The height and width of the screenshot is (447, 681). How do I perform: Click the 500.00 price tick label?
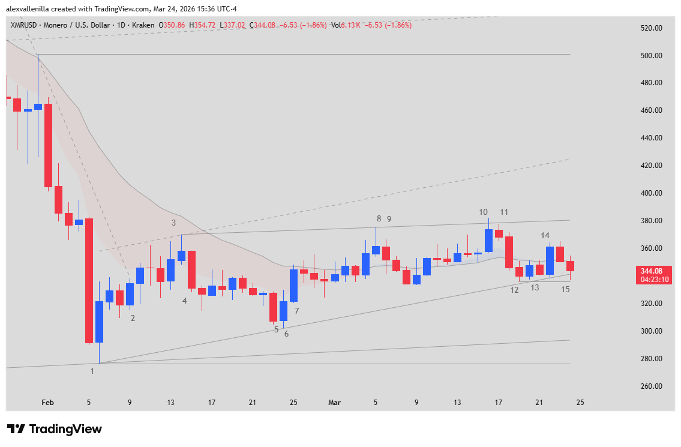click(x=650, y=56)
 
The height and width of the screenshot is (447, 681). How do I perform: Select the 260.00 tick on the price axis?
click(x=650, y=386)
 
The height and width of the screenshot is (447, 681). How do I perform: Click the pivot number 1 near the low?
click(x=92, y=371)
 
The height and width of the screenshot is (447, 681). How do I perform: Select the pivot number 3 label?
click(x=173, y=223)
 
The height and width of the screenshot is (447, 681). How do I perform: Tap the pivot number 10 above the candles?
click(x=483, y=212)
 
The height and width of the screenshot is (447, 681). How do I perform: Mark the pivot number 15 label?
click(x=565, y=289)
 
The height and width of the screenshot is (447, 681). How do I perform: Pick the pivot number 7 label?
click(x=296, y=311)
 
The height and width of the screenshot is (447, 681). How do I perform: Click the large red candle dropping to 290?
click(x=89, y=280)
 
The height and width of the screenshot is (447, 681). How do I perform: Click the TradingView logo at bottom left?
click(x=54, y=429)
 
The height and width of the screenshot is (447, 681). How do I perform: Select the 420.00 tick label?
click(x=650, y=166)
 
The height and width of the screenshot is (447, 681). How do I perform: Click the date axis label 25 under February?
click(x=293, y=403)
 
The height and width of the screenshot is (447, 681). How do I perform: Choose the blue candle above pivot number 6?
click(x=283, y=311)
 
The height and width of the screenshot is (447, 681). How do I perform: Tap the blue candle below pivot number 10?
click(x=488, y=240)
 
